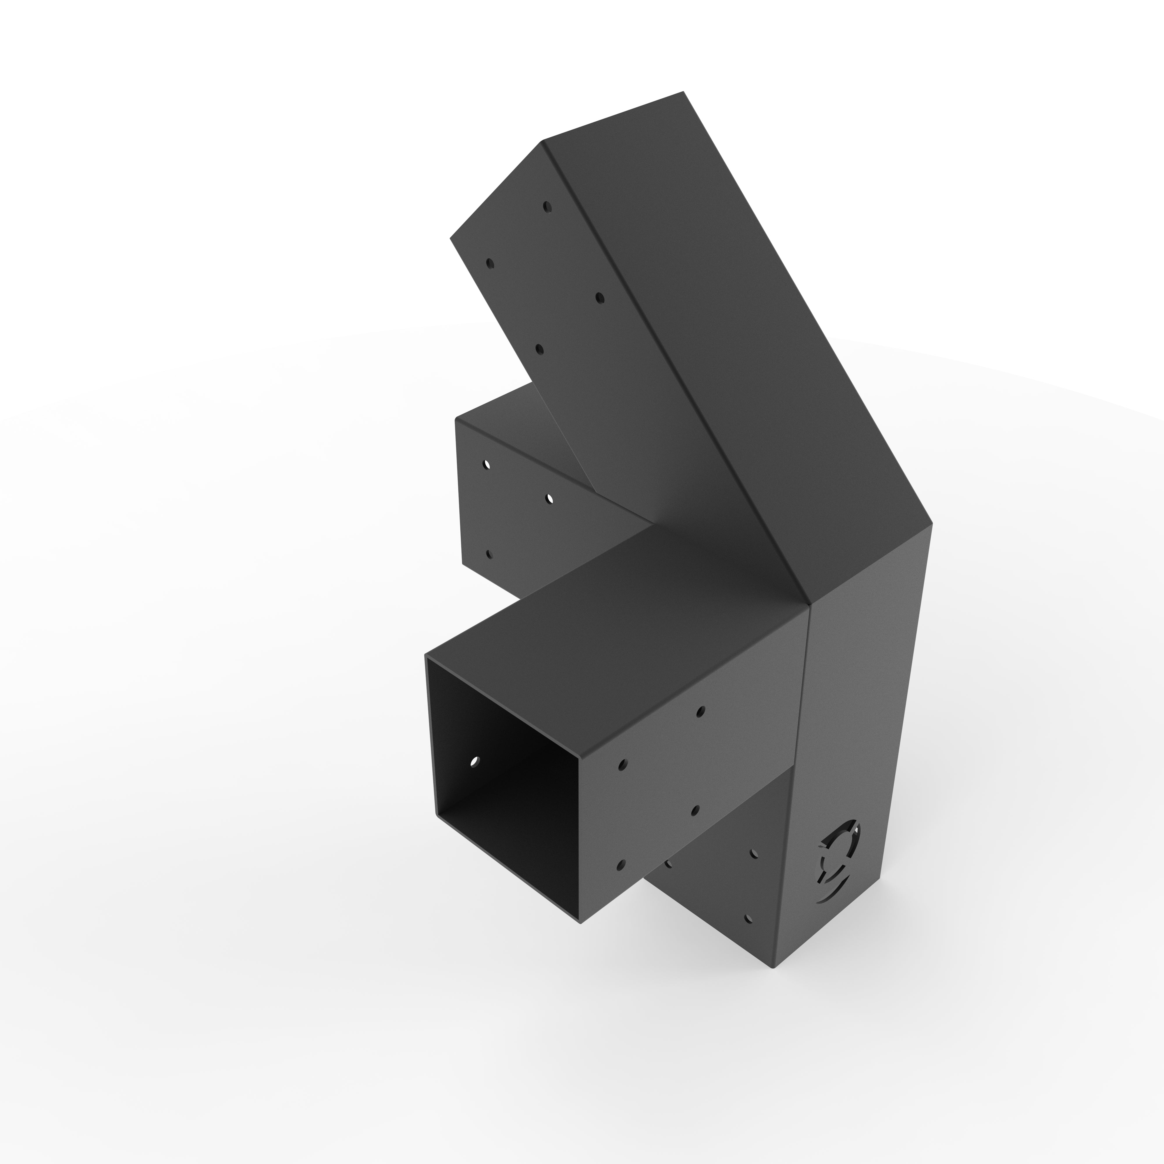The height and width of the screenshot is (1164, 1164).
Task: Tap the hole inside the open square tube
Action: [474, 762]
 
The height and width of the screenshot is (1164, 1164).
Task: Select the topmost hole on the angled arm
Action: [547, 207]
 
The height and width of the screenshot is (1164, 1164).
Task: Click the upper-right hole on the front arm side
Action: [700, 712]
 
